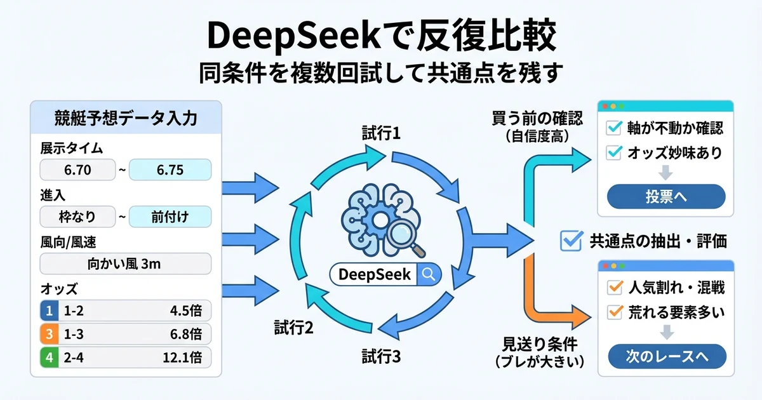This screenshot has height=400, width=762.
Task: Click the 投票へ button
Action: click(x=665, y=196)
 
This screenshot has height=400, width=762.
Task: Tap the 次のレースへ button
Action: click(x=665, y=356)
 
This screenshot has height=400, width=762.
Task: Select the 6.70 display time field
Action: click(x=78, y=171)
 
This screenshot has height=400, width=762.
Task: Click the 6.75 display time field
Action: click(x=170, y=171)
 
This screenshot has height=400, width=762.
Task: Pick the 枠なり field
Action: click(x=78, y=217)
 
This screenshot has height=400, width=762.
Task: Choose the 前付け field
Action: click(x=170, y=217)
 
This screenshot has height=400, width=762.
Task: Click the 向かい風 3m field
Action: click(x=124, y=263)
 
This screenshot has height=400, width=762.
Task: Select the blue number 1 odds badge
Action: click(x=48, y=310)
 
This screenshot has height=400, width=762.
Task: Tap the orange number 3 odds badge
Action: click(x=48, y=333)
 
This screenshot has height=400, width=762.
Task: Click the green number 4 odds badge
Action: click(x=48, y=356)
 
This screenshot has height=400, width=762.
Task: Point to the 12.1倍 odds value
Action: click(x=182, y=356)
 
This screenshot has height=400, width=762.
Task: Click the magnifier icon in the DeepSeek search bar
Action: click(x=429, y=274)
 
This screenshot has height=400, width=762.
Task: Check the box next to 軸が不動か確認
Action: click(x=614, y=128)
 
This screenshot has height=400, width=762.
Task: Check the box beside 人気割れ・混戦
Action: click(x=614, y=288)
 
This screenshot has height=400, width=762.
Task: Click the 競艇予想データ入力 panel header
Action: click(x=124, y=117)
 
